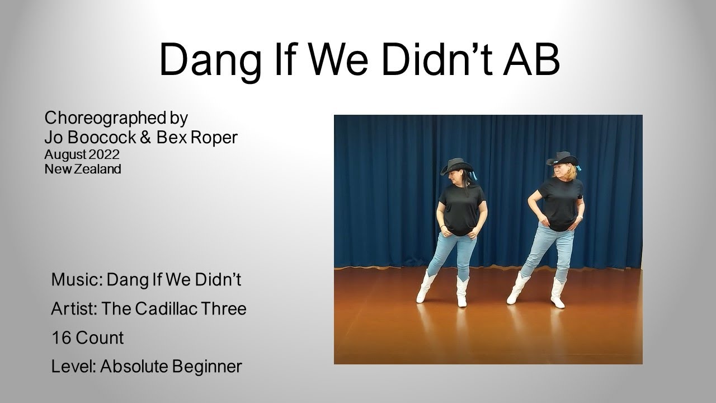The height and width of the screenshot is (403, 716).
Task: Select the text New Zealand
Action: pyautogui.click(x=83, y=168)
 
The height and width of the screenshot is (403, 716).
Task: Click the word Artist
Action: pyautogui.click(x=73, y=308)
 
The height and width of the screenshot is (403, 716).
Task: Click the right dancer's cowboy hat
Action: pyautogui.click(x=562, y=159)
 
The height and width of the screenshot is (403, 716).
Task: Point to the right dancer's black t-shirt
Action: pyautogui.click(x=561, y=203)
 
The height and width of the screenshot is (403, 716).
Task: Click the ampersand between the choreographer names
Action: pyautogui.click(x=145, y=137)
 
